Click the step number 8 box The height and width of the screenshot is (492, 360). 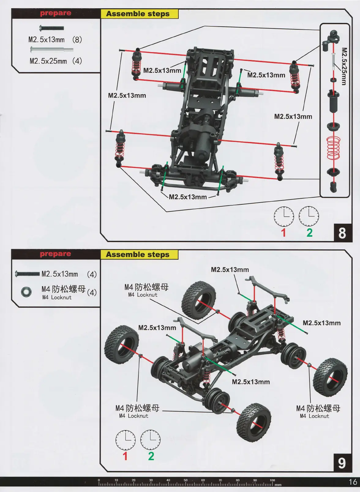coord(342,233)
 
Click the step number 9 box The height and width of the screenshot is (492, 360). coord(342,463)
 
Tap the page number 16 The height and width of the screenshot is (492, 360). coord(353,482)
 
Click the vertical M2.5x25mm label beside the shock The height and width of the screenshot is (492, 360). coord(344,66)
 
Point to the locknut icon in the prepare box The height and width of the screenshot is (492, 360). coord(26,292)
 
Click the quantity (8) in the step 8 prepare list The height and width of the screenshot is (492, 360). coord(77,40)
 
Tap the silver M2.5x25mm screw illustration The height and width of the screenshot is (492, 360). coord(51,49)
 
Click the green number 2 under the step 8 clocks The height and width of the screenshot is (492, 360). coord(309,233)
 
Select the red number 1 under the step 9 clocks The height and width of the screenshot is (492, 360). coord(125,456)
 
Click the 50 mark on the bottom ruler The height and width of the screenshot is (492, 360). coord(186,480)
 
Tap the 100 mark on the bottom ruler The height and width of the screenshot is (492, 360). coord(272,480)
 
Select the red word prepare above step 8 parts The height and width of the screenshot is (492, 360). coord(55,13)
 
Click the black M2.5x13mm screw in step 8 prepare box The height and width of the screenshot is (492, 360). coord(52,28)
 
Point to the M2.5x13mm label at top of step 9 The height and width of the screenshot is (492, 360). coord(230,270)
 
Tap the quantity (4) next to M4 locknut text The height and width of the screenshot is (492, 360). coord(92,292)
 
